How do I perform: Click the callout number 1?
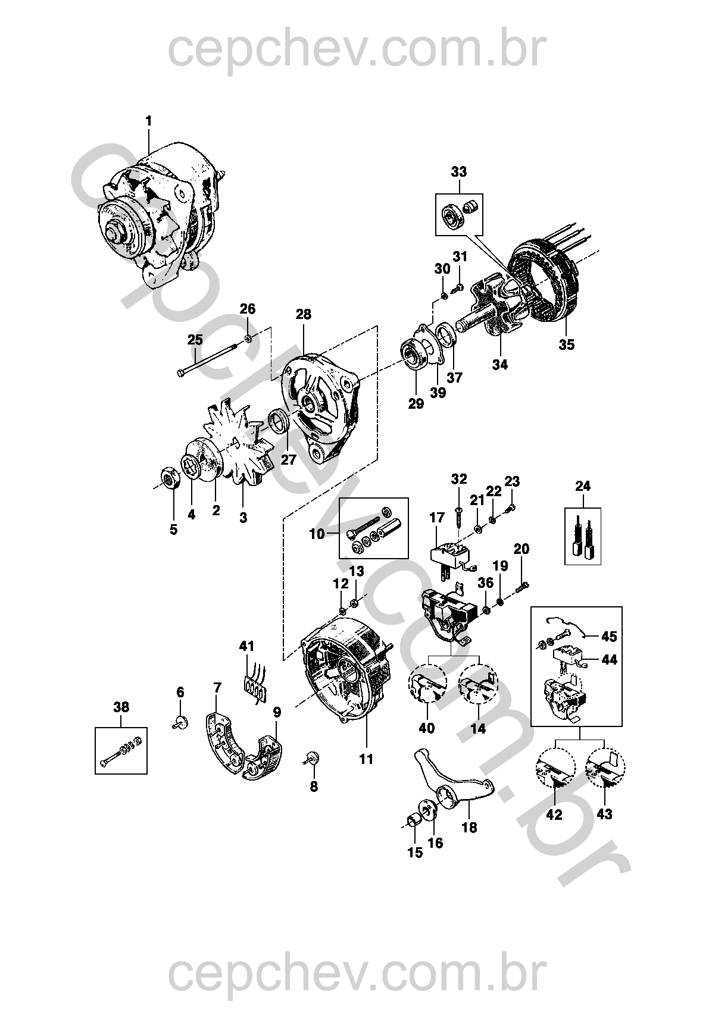point(149,121)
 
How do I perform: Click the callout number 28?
point(303,315)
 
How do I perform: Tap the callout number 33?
point(458,173)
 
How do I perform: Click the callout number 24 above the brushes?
point(583,486)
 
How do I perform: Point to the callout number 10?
point(317,534)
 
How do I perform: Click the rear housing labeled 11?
point(345,672)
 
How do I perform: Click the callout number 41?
point(246,646)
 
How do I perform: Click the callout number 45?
point(609,637)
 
